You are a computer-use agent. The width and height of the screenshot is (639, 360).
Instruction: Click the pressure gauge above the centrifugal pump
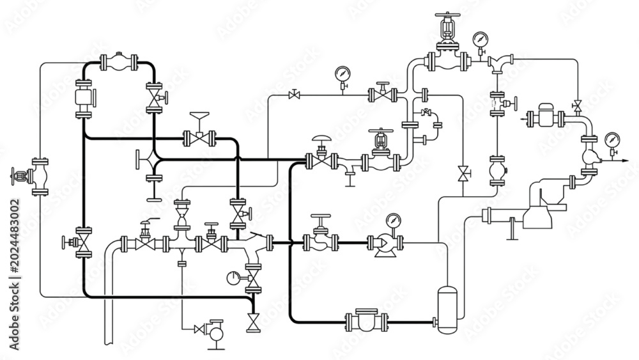coord(393,221)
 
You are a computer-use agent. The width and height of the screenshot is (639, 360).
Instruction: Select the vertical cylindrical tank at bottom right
coord(447,309)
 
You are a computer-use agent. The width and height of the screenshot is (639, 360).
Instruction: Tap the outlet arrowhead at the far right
coord(626,160)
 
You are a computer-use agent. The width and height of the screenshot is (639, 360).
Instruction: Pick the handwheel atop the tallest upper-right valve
coord(447,15)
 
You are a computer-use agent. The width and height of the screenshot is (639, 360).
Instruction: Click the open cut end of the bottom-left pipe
coord(109,343)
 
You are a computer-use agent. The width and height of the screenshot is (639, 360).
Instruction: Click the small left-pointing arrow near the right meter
coord(523,119)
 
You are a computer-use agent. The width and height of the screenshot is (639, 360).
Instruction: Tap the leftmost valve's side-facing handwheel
coord(13,176)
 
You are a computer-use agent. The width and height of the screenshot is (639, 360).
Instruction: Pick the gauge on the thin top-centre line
coord(343,74)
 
